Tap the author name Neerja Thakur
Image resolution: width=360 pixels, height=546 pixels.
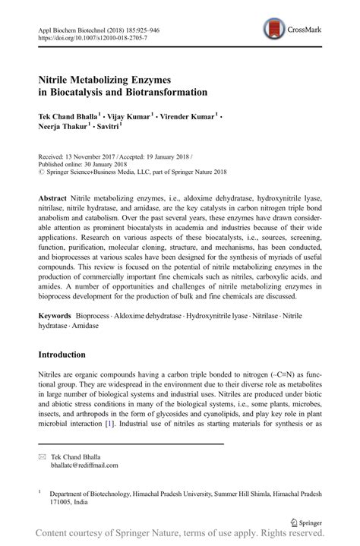[65, 129]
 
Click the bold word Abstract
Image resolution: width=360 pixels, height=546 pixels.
[55, 196]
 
